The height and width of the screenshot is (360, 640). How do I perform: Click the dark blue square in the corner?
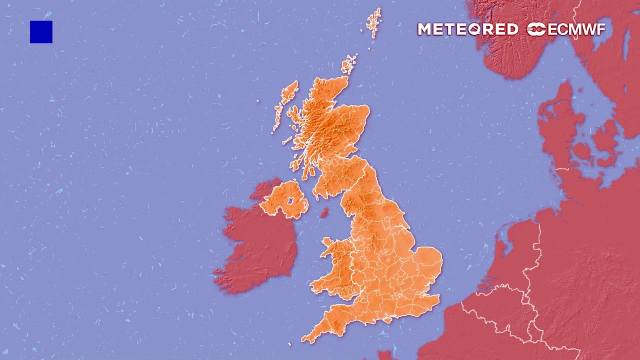41,32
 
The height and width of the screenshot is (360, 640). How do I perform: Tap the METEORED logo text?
467,29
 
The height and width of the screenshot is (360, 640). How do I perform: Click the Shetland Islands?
373,22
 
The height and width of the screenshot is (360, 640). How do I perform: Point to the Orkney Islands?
349,64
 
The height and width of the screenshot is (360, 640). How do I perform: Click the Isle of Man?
324,213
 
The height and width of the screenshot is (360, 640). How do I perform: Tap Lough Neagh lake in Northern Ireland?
289,201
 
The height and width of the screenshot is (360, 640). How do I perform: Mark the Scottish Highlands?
320,120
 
